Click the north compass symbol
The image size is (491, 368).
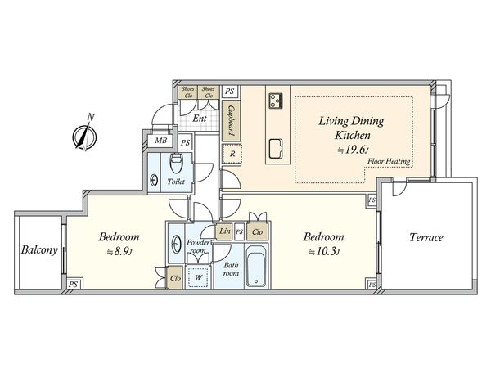click(x=84, y=136)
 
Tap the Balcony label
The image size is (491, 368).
click(x=39, y=249)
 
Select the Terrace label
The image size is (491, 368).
click(x=426, y=237)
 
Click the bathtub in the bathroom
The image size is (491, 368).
click(x=256, y=267)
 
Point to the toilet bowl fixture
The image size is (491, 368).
click(x=176, y=163)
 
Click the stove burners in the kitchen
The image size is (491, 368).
click(x=276, y=101)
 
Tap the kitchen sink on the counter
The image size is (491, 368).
click(x=276, y=148)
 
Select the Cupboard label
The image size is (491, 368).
click(x=232, y=120)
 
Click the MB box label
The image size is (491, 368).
click(x=161, y=141)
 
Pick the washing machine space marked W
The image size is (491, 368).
click(x=198, y=277)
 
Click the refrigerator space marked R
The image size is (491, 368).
click(x=232, y=154)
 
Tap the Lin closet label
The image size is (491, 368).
click(x=225, y=231)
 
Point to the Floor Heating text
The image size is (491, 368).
click(x=389, y=162)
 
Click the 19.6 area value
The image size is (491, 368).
click(x=355, y=150)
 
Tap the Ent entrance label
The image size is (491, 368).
click(x=200, y=119)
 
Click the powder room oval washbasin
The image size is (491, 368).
click(x=176, y=244)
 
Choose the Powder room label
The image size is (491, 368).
click(x=198, y=247)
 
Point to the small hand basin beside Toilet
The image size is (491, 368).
click(x=154, y=181)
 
